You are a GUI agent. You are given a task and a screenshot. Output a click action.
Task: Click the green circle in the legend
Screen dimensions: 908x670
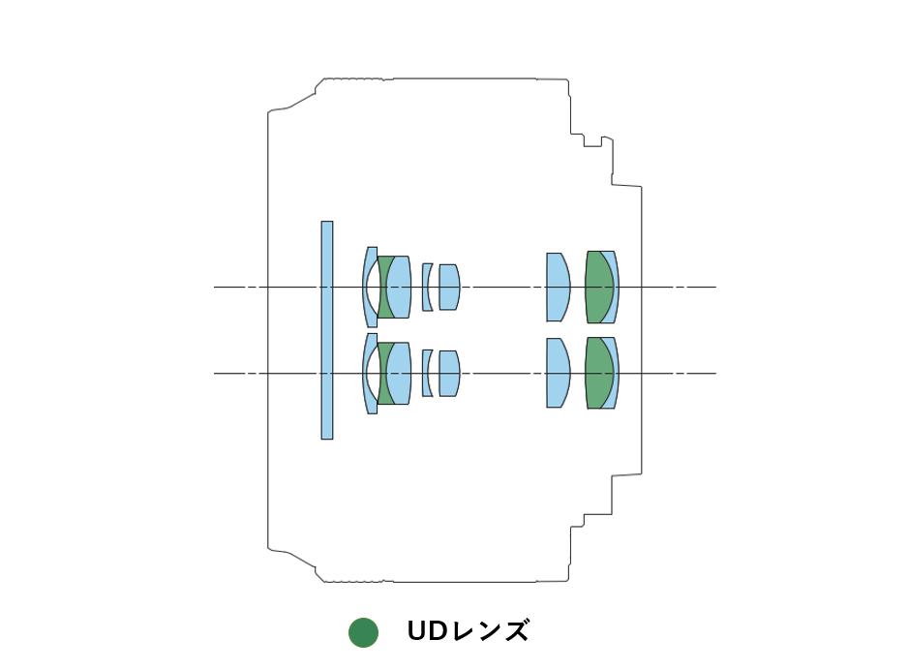click(363, 632)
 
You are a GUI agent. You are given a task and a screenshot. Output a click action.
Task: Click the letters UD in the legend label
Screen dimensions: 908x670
click(427, 631)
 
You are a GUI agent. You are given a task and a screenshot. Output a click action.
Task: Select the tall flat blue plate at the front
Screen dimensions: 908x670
click(327, 330)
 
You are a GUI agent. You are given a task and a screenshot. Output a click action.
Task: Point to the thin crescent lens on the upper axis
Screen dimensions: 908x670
click(427, 287)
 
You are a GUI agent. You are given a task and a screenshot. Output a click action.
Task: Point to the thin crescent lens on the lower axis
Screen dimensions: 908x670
click(427, 373)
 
